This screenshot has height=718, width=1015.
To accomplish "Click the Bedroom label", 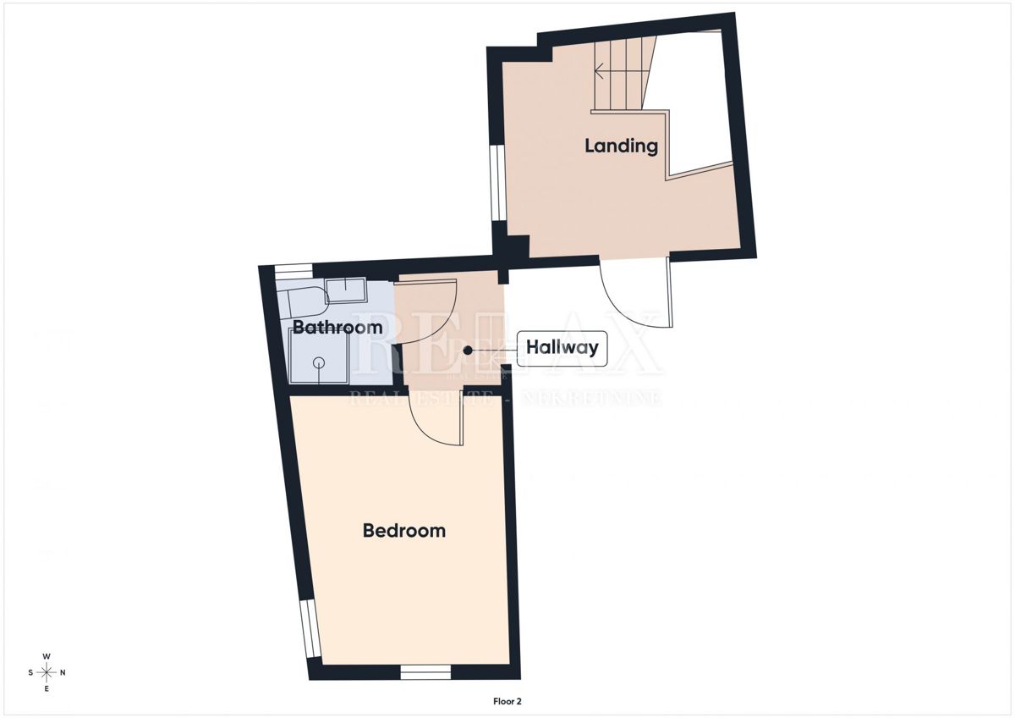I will tap(403, 531).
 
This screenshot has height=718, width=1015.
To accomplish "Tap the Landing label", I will tap(621, 146).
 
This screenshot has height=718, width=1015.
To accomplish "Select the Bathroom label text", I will tap(337, 327).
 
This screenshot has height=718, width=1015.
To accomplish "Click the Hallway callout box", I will tap(562, 347).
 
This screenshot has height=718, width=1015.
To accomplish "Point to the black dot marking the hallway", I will tap(467, 348).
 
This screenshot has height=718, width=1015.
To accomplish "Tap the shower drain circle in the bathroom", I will tap(319, 363).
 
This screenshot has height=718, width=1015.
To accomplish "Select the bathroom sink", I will tap(346, 290).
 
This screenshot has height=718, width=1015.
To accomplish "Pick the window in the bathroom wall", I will tap(294, 270).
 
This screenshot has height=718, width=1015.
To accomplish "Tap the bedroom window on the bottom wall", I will tap(425, 672).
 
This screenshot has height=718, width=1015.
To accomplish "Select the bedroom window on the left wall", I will tap(312, 628).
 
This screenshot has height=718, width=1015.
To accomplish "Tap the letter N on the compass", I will tap(63, 673).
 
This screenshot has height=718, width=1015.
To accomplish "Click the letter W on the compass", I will tap(47, 657).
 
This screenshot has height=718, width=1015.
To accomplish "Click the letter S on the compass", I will tap(30, 673).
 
